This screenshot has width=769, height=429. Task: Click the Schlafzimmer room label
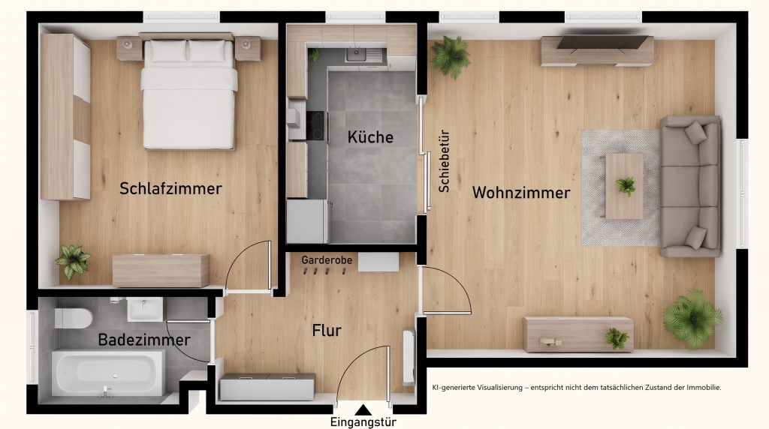[170, 188]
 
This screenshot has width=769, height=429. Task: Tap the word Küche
[370, 136]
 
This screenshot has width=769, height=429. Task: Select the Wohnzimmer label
[521, 193]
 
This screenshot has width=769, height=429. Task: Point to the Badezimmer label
[144, 340]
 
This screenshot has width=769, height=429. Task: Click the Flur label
[327, 331]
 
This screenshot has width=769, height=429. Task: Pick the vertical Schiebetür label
[444, 161]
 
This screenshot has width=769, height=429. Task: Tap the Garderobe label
[327, 260]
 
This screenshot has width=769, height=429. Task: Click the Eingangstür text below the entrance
[363, 422]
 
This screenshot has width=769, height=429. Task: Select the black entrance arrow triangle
[363, 410]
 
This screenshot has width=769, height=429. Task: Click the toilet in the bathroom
[74, 318]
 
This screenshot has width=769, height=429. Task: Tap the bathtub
[108, 373]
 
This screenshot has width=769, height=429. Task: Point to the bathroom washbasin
[145, 309]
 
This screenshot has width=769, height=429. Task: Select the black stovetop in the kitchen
[317, 126]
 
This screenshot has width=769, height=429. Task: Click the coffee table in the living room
[624, 186]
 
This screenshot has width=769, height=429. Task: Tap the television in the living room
[602, 42]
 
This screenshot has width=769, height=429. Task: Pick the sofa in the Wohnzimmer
[690, 187]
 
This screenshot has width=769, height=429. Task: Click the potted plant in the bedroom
[73, 262]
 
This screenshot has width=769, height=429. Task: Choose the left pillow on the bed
[167, 50]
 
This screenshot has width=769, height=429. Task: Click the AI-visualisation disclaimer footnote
[577, 387]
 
